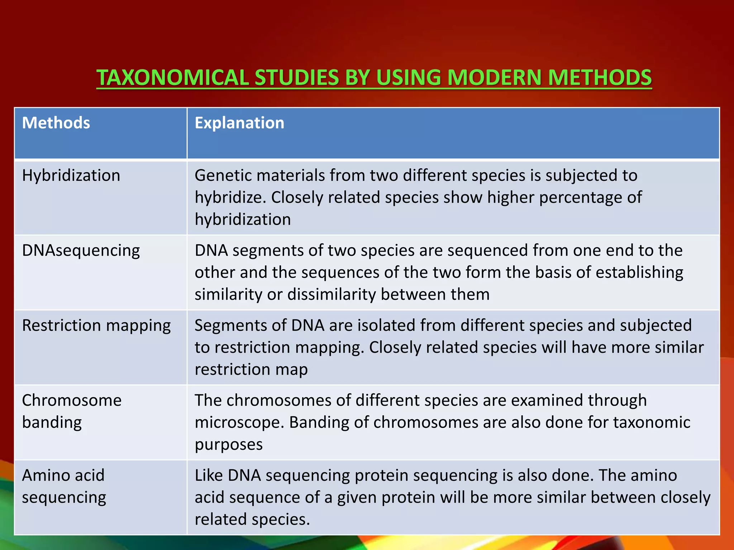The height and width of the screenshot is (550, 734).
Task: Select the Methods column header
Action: click(x=56, y=123)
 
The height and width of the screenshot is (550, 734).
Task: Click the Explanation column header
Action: click(x=239, y=123)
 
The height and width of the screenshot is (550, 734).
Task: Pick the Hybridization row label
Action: click(x=71, y=175)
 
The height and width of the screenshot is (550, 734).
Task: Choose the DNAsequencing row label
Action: click(x=81, y=251)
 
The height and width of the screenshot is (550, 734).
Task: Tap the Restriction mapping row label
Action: click(x=96, y=325)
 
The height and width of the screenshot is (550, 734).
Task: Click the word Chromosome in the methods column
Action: click(x=72, y=400)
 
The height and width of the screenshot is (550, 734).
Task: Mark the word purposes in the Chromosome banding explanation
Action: click(x=228, y=445)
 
